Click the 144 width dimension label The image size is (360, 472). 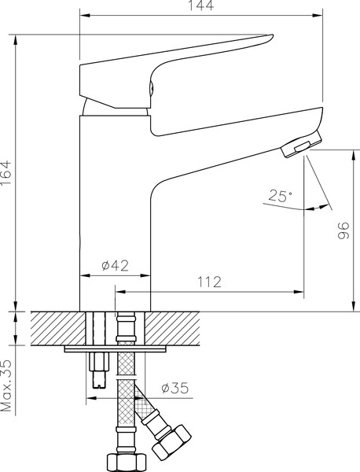[x=201, y=6]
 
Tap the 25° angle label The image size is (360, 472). [x=280, y=196]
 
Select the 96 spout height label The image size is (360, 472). [x=343, y=230]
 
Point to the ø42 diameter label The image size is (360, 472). [x=116, y=265]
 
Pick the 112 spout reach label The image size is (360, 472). [x=209, y=282]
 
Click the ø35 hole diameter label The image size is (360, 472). [x=175, y=388]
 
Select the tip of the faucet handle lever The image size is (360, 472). [x=272, y=37]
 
